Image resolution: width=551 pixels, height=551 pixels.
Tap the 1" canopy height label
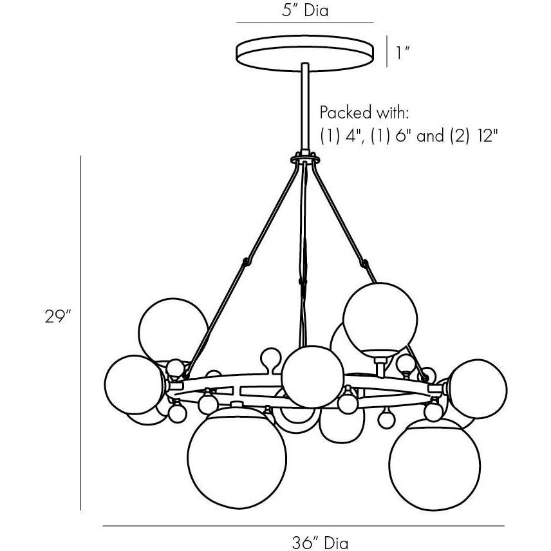pos(403,52)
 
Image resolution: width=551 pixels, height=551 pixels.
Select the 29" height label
pos(57,317)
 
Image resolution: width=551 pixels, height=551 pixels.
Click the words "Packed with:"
pos(364,113)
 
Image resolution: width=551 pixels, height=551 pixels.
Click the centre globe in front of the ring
pos(312,377)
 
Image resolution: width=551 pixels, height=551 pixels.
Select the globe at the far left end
pos(133,385)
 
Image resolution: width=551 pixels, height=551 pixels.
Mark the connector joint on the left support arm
pos(245,262)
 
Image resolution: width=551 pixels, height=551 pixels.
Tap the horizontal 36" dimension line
pos(303,527)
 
